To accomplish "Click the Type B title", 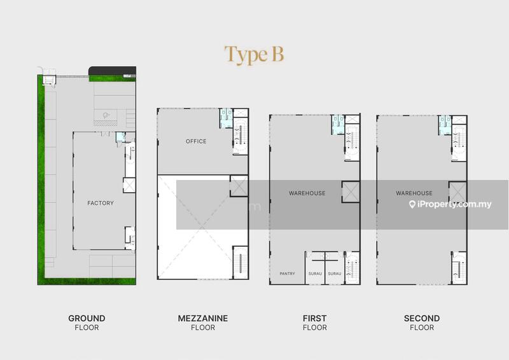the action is tap(254, 55).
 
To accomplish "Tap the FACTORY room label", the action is tap(101, 203).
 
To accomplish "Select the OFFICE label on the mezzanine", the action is tap(196, 141).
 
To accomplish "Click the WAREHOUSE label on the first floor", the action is tap(307, 193).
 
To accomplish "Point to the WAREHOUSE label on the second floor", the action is tap(414, 193).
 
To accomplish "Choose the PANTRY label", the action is tap(288, 273).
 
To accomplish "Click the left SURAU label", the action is tap(315, 273).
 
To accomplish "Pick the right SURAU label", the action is tap(335, 273).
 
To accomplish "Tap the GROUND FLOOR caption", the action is tap(87, 322).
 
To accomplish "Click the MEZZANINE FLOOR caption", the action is tap(203, 322).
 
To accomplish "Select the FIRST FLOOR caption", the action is tap(314, 322).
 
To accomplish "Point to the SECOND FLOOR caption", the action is tap(422, 322).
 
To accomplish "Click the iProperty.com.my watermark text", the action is tap(450, 204).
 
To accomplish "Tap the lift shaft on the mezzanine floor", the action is tap(239, 186).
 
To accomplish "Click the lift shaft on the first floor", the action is tap(351, 192).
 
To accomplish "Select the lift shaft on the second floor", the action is tap(457, 192).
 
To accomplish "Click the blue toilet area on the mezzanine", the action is tap(226, 118).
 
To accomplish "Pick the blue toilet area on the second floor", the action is tap(444, 125).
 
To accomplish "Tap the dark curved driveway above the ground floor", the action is tap(113, 71).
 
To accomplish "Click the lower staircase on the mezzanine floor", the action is tap(241, 262).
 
